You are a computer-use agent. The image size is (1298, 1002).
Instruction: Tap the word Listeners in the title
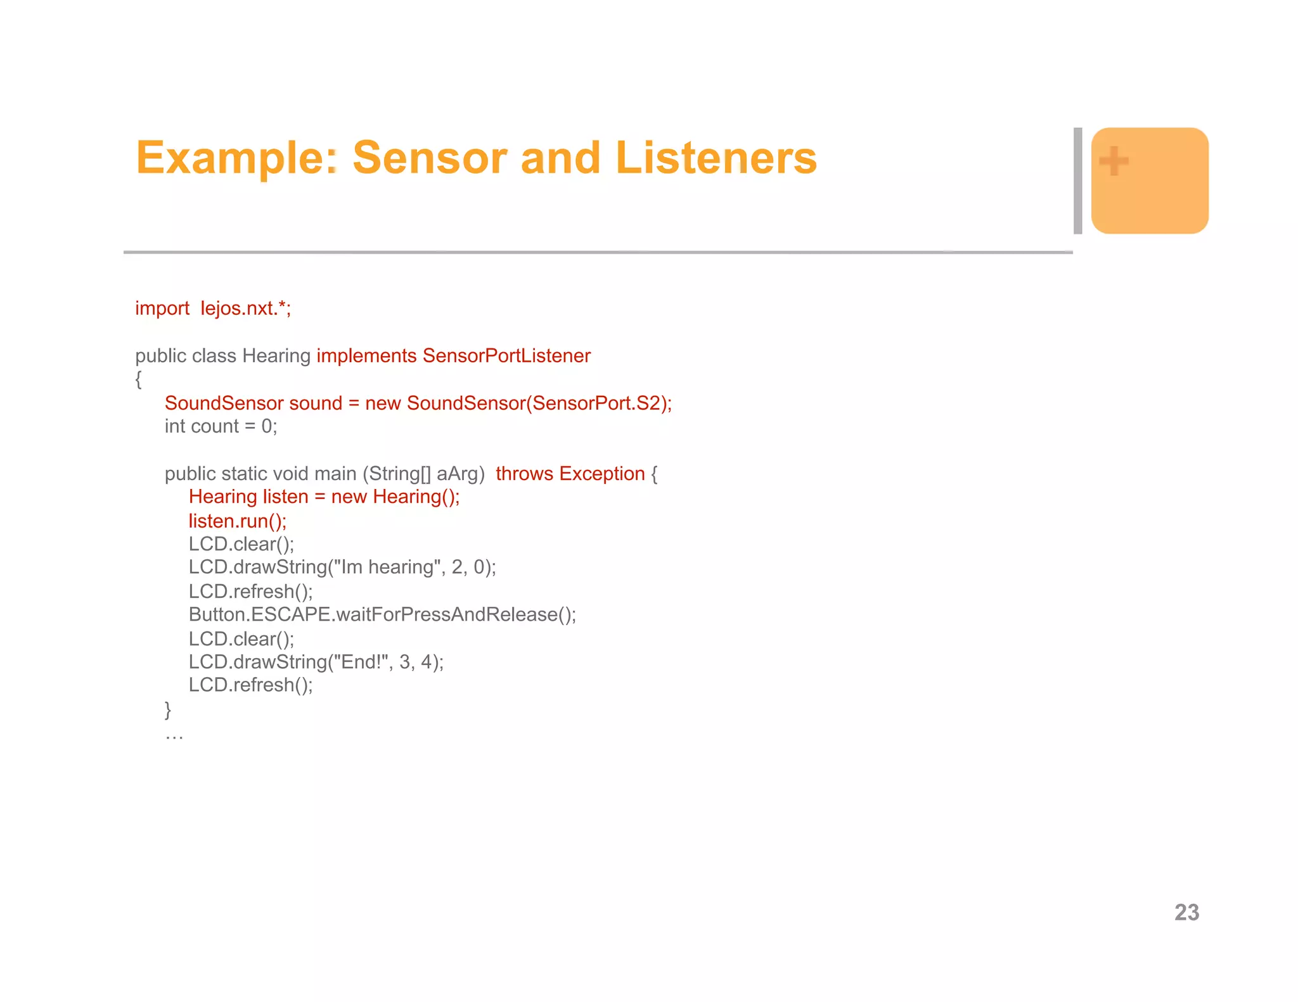716,158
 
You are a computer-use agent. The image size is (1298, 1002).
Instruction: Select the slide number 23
1186,912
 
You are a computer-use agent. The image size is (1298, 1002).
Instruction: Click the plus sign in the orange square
1114,161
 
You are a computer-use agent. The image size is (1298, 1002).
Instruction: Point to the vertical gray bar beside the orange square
1077,181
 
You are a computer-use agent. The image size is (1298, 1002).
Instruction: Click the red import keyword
162,308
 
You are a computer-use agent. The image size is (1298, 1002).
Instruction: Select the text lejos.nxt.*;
246,308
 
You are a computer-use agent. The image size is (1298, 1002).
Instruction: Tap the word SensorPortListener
506,356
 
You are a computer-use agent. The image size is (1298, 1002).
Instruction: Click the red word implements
366,356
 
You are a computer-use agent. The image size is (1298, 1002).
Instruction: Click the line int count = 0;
221,426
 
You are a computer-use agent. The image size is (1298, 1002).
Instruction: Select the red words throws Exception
570,474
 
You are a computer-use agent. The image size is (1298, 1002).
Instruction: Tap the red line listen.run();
238,521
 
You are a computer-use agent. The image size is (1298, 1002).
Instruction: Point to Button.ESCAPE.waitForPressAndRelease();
382,614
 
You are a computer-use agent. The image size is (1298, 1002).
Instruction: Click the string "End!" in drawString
364,662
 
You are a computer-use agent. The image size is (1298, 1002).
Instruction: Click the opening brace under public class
139,379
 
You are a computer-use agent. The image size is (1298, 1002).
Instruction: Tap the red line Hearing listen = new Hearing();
324,497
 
